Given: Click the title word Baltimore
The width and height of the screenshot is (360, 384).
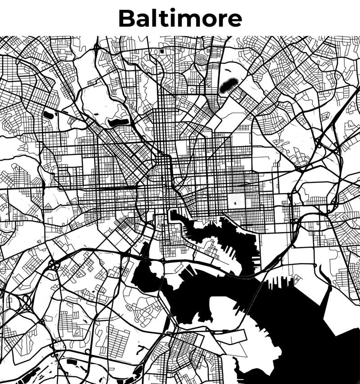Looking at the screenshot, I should point(180,18).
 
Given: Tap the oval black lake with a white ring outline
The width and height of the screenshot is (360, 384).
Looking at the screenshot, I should point(228,85).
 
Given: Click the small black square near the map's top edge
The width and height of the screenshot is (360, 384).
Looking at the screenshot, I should point(155,51).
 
